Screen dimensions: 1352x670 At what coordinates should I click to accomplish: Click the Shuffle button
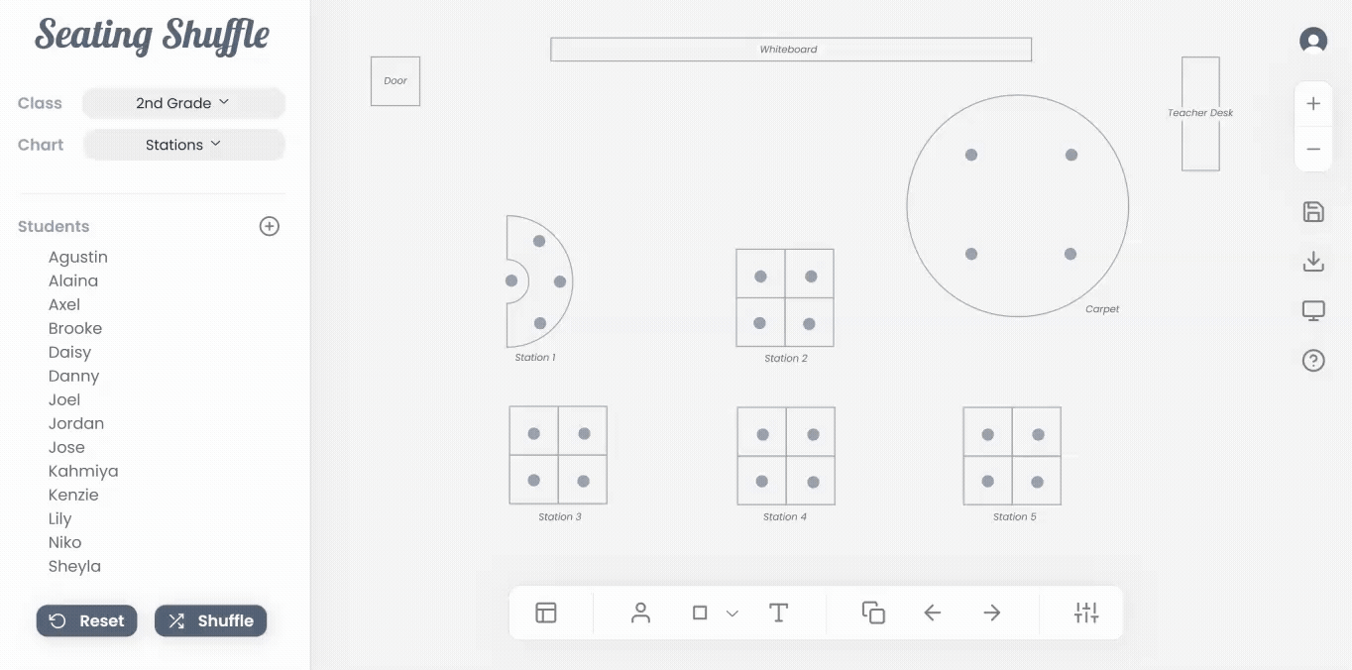(211, 620)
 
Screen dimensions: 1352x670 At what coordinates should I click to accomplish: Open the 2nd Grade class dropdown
(183, 103)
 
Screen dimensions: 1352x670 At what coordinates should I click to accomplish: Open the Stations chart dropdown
(183, 145)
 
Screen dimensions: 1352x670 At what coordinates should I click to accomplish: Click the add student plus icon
(270, 226)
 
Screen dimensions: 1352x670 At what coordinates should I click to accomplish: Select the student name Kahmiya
(83, 471)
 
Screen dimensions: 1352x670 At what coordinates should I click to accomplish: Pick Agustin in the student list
(78, 257)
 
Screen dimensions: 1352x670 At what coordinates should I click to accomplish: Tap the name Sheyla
(74, 566)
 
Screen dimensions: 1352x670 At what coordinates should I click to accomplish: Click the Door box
(395, 81)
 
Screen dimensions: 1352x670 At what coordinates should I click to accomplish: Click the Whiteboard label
(788, 50)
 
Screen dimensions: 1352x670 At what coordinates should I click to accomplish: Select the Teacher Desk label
(1200, 113)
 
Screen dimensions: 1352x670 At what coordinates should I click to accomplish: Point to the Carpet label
(1102, 309)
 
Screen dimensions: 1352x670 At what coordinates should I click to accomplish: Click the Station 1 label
(535, 358)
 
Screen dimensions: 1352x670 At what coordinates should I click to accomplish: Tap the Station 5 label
(1015, 516)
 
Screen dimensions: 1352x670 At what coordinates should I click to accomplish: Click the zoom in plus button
(1313, 104)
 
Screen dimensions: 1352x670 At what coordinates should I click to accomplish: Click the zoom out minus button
(1313, 149)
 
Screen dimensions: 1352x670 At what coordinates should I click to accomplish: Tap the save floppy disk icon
(1313, 212)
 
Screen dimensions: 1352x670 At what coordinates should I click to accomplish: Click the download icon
(1313, 262)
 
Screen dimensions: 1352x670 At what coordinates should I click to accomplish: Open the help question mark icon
(1313, 361)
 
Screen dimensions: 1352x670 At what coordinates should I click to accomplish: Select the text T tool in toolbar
(779, 613)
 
